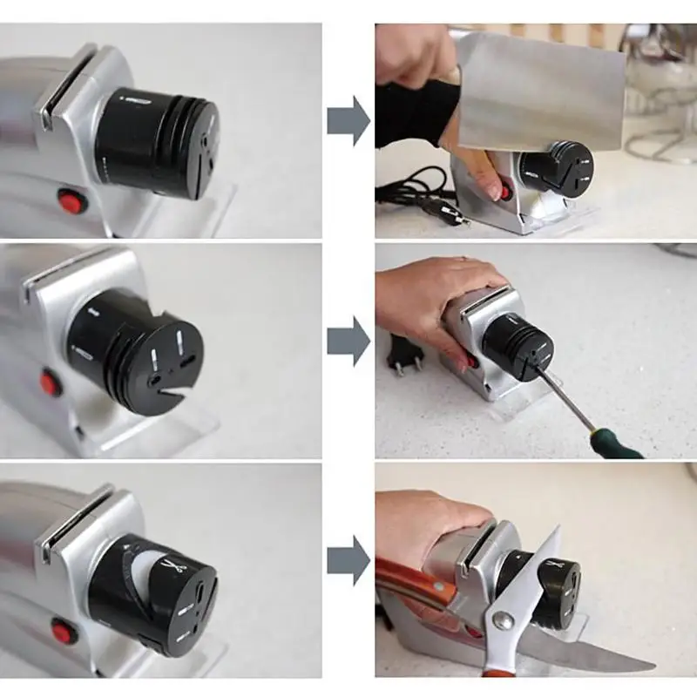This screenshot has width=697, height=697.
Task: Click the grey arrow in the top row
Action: pyautogui.click(x=348, y=121)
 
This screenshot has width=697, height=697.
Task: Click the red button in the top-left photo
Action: pyautogui.click(x=72, y=202)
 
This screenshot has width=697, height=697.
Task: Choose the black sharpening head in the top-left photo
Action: pyautogui.click(x=157, y=144)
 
